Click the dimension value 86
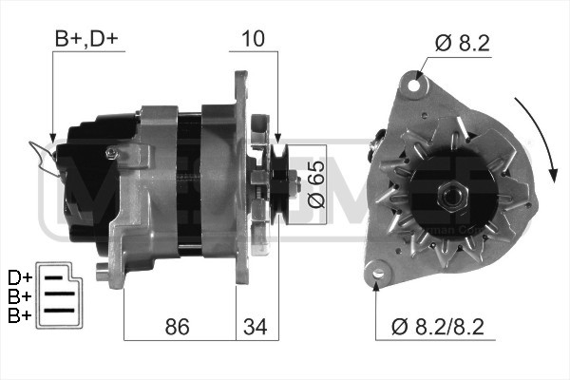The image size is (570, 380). point(177,327)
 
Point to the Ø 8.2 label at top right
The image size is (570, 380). point(463,42)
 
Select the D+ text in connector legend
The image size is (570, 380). point(19,277)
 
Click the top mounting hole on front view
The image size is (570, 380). point(414,85)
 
